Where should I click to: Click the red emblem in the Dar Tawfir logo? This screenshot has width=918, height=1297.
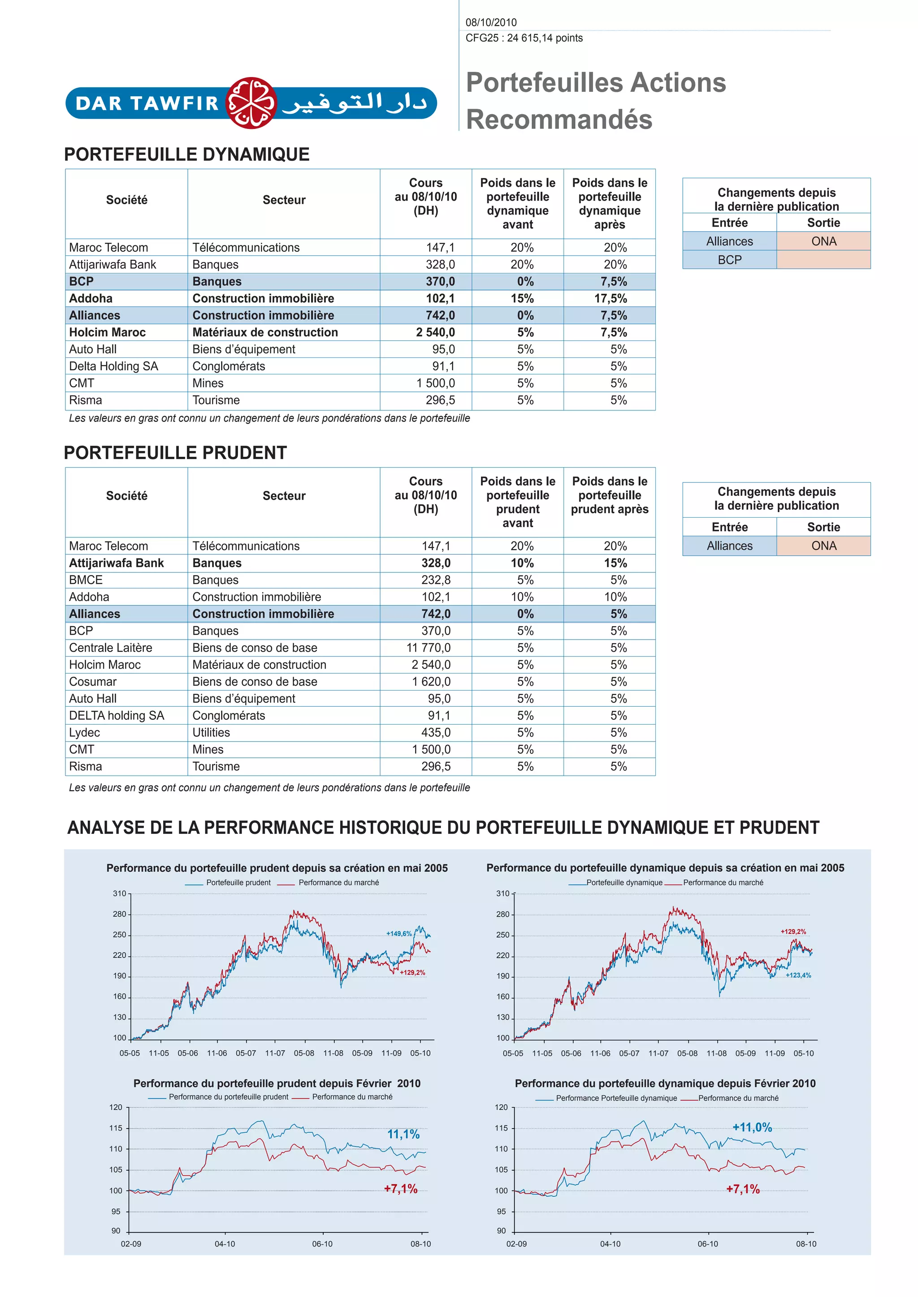point(251,103)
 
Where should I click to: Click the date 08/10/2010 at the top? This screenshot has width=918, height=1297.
point(491,22)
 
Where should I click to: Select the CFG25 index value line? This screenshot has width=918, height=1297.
point(524,39)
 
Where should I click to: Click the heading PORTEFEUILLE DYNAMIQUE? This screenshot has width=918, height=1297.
point(186,154)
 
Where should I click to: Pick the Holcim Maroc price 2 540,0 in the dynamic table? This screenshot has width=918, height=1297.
point(435,332)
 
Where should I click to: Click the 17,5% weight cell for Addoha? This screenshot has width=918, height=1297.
point(610,298)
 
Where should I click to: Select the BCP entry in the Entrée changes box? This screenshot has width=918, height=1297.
point(729,260)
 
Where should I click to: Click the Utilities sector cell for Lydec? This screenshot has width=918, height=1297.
point(211,732)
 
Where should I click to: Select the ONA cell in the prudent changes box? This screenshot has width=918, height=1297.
point(823,545)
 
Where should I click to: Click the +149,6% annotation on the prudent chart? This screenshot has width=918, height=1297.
point(398,934)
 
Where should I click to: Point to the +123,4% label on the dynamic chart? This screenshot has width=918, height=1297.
point(797,975)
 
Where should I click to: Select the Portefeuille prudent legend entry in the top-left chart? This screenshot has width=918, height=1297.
point(238,882)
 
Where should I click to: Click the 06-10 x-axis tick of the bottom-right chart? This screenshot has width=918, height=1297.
point(707,1244)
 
